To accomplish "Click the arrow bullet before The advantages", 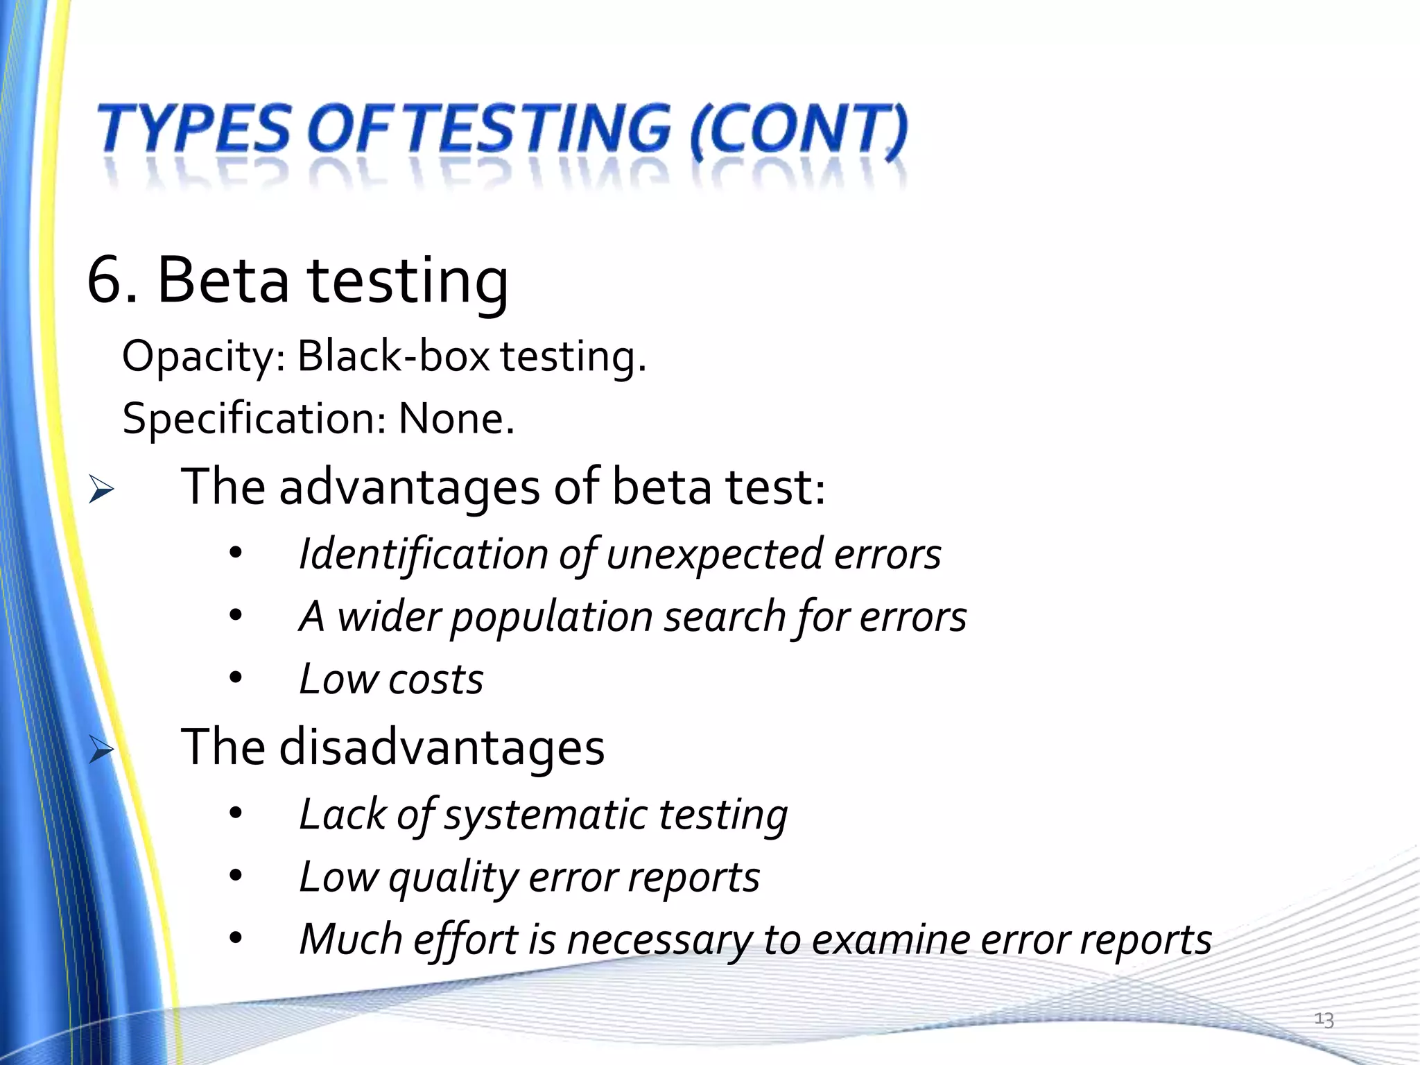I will point(101,490).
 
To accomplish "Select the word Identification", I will point(424,555).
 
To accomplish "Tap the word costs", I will point(435,679).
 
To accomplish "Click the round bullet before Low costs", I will point(236,679).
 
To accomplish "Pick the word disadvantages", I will point(442,747).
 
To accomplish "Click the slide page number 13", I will point(1324,1020).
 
